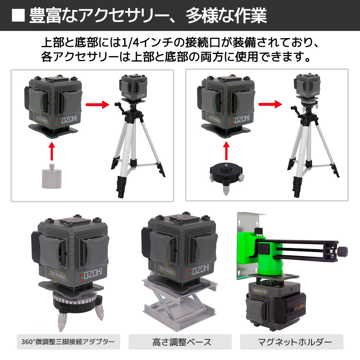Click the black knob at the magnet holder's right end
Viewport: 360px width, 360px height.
[343, 250]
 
